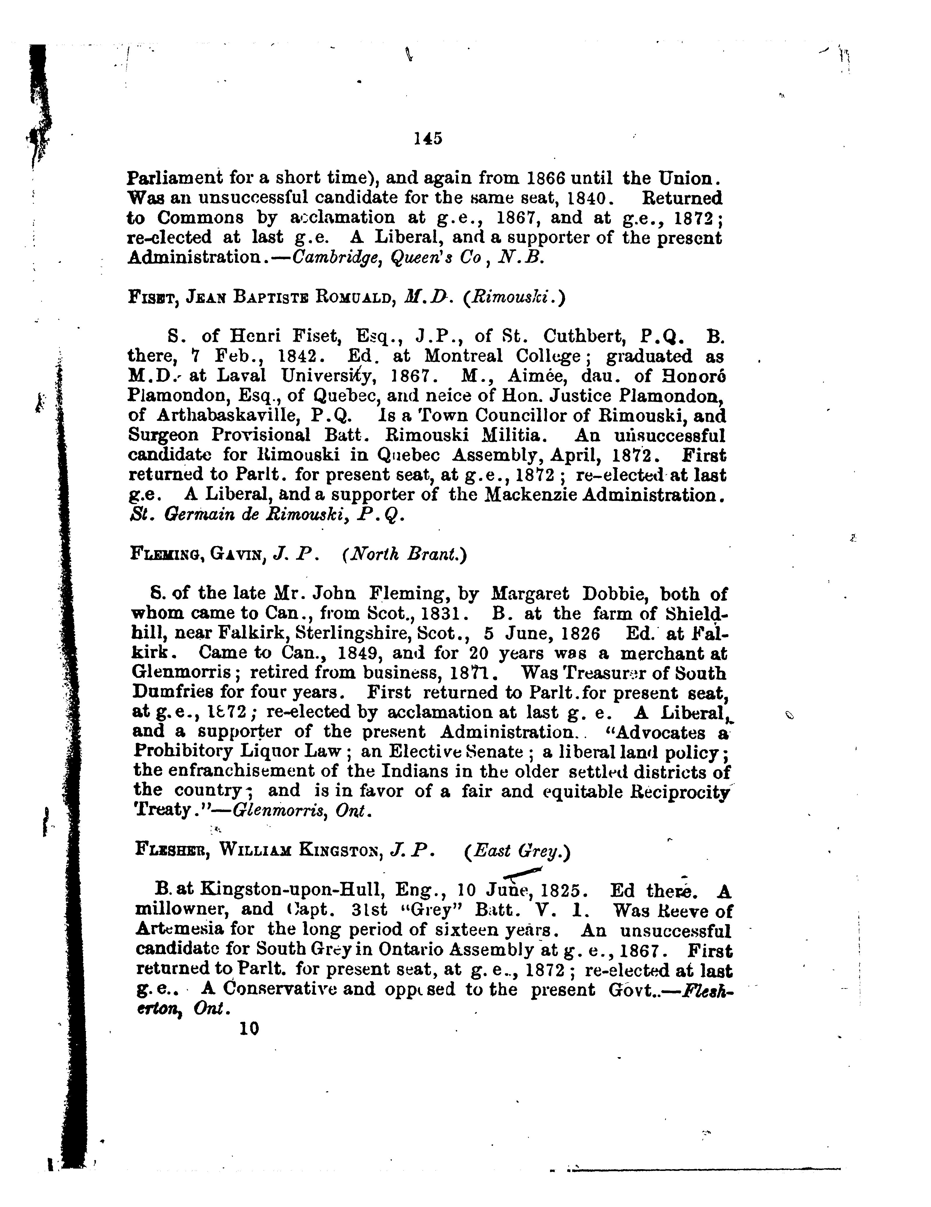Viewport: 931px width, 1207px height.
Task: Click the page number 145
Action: pos(428,138)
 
